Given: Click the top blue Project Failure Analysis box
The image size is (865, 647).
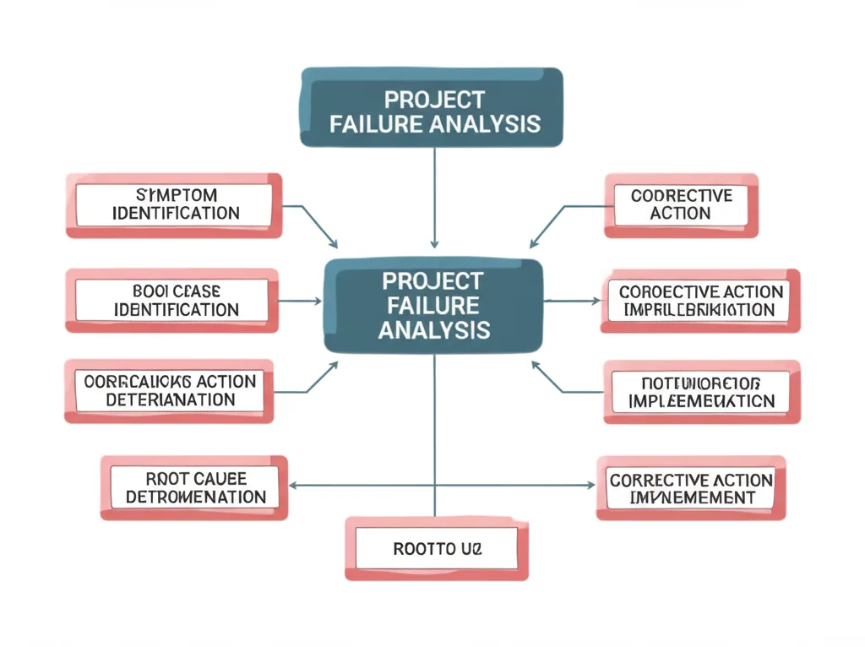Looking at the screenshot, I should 432,107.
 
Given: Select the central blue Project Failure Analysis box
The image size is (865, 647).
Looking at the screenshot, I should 433,305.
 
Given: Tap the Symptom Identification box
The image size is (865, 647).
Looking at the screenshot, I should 174,204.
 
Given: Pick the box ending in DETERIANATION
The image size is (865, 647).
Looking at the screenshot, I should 170,390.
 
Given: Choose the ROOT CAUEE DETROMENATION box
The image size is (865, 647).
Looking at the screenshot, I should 194,488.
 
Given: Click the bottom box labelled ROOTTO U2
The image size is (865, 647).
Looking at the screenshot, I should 437,549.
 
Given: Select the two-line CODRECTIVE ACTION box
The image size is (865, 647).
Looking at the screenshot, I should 681,204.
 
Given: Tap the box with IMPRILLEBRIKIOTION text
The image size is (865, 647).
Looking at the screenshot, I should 700,301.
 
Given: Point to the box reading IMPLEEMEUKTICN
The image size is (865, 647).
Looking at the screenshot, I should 701,391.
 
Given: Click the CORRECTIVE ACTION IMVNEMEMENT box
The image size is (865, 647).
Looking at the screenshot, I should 691,488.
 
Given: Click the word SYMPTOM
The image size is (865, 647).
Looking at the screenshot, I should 176,195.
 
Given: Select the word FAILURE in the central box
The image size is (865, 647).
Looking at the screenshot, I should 433,305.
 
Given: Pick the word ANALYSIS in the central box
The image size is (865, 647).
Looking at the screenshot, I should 433,329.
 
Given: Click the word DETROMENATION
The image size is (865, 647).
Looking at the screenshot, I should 196,497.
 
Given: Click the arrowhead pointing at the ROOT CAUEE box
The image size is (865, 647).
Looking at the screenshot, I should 293,486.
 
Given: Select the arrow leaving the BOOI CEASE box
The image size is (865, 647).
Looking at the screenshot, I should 299,300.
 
